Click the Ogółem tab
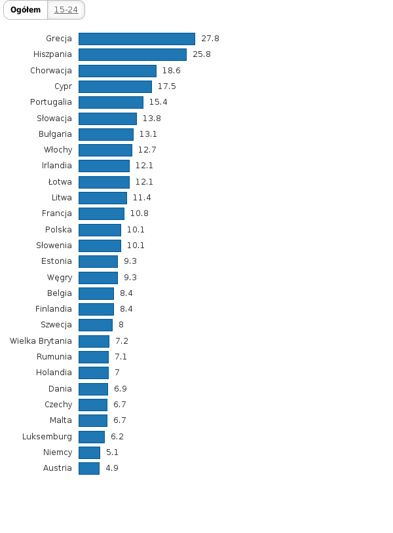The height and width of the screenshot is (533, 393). (x=26, y=10)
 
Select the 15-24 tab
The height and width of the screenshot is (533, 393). (x=65, y=10)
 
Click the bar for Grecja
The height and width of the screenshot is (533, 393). (x=136, y=39)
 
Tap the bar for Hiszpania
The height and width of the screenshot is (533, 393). (x=132, y=54)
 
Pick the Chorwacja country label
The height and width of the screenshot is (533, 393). (x=51, y=70)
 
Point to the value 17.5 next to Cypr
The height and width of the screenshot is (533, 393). (x=166, y=86)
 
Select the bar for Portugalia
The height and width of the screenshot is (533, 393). (x=111, y=102)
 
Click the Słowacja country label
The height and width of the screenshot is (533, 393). (x=54, y=118)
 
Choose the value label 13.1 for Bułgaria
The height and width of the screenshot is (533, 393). (x=148, y=134)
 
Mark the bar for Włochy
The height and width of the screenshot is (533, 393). (x=105, y=150)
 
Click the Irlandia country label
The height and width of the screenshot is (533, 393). (x=56, y=166)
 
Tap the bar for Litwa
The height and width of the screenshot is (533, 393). (x=102, y=198)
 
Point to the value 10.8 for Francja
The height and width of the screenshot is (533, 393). (x=139, y=213)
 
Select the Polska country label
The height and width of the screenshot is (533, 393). (x=58, y=229)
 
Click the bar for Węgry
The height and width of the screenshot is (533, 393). (x=98, y=278)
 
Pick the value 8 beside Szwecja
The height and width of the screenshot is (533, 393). (x=121, y=325)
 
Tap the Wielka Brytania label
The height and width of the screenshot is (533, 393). (x=41, y=340)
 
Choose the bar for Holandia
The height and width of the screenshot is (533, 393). (x=93, y=373)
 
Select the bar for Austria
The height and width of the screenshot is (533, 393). (x=89, y=468)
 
